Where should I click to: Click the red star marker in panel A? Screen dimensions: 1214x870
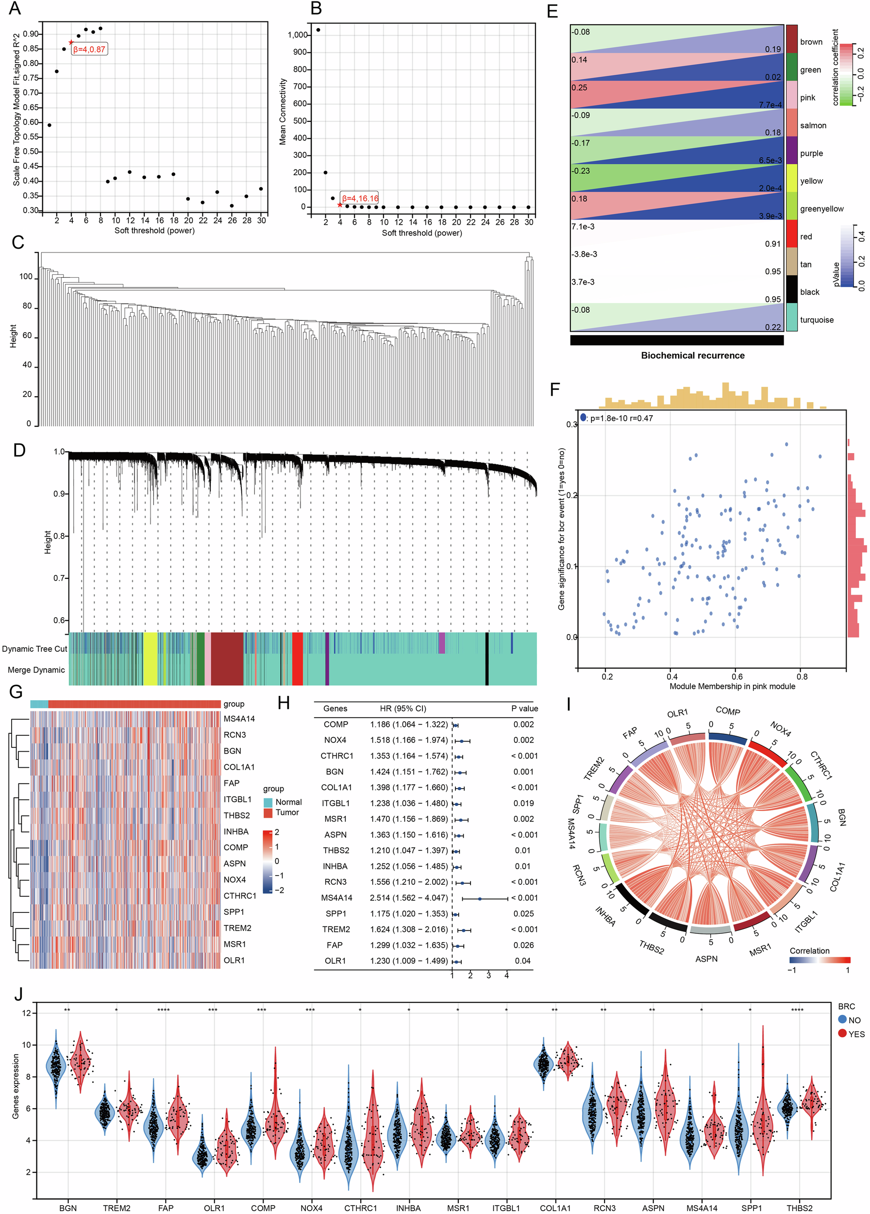point(71,42)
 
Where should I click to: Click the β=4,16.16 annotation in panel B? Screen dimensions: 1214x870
point(360,199)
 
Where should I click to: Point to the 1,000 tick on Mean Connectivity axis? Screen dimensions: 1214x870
point(298,35)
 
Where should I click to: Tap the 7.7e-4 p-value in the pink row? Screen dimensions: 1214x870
point(770,105)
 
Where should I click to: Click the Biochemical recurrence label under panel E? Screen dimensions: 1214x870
point(692,355)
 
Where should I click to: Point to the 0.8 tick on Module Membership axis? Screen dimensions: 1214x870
point(802,676)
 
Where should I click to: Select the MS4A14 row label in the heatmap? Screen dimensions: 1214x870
point(239,719)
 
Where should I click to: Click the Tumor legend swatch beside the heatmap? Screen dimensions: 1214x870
point(268,812)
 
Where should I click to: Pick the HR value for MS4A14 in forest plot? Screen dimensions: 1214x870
point(409,898)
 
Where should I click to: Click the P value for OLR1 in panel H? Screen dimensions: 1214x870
point(523,961)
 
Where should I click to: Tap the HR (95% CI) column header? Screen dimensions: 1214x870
point(403,708)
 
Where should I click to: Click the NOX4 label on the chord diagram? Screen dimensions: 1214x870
point(781,729)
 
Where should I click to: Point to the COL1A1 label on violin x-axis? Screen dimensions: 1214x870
point(555,1208)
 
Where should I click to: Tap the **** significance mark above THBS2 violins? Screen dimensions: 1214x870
point(797,1010)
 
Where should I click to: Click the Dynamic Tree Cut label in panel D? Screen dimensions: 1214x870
point(35,649)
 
